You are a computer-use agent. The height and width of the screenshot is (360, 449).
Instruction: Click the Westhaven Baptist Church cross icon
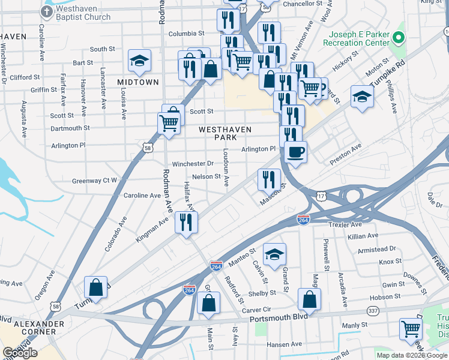[47, 12]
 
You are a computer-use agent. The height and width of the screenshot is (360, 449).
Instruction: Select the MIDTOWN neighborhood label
[138, 82]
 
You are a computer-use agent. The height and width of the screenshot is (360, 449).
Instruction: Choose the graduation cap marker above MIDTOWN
[139, 61]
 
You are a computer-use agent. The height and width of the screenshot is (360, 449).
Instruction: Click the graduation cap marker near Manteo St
[275, 254]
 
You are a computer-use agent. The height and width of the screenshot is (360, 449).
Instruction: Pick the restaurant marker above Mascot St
[269, 179]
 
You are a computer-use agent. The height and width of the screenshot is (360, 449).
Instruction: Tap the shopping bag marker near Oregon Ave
[95, 287]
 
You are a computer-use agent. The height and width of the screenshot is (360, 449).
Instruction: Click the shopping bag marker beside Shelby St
[309, 299]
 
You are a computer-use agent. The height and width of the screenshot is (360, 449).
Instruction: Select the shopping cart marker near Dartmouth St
[169, 124]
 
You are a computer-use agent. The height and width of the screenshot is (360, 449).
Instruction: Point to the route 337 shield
[373, 310]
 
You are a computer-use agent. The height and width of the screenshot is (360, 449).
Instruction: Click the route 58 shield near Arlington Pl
[148, 147]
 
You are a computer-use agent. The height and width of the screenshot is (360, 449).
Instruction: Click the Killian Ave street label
[363, 236]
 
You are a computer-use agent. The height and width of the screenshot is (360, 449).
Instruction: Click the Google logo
[20, 353]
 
